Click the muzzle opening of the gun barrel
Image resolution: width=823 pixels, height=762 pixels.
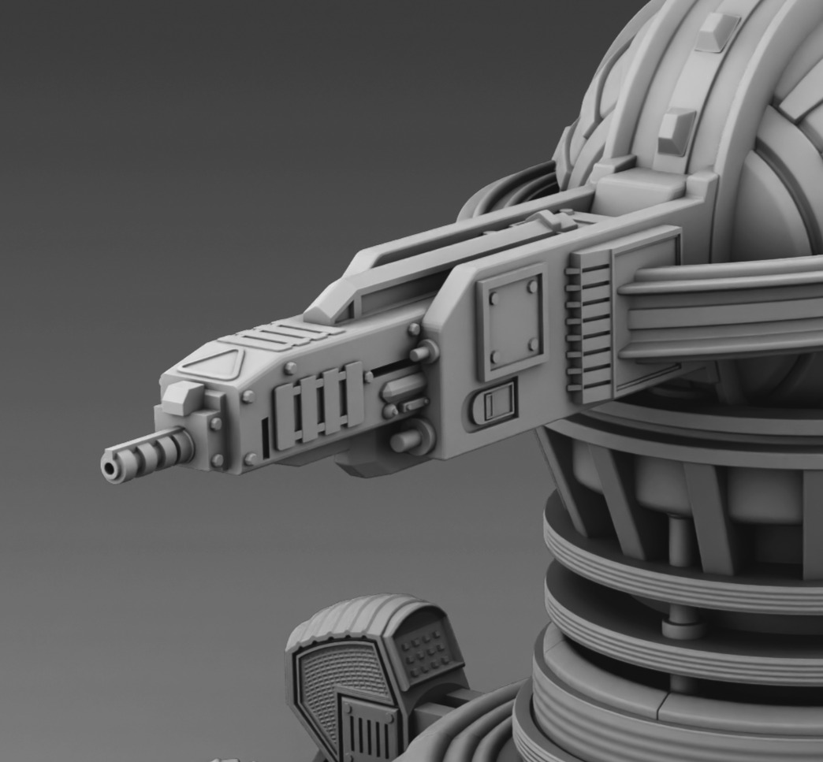(110, 469)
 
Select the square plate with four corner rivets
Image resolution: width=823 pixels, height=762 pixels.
(513, 322)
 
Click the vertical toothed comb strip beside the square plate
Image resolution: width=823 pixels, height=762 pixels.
(588, 324)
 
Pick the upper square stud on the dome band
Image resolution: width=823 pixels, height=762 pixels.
(717, 32)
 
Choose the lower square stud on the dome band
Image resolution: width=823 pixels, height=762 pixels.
(676, 130)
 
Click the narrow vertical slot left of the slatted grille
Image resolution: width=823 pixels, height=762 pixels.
(266, 438)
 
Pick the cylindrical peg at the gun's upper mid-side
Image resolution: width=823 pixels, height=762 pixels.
(424, 351)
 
